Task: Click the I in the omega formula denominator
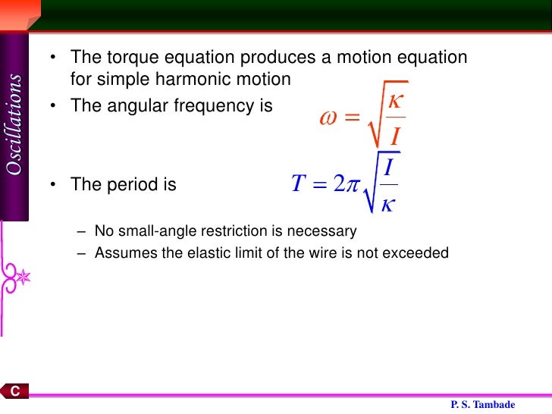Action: pyautogui.click(x=395, y=136)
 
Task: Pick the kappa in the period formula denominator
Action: pyautogui.click(x=387, y=205)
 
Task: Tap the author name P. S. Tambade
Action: pyautogui.click(x=483, y=405)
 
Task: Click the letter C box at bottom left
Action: pyautogui.click(x=14, y=391)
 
